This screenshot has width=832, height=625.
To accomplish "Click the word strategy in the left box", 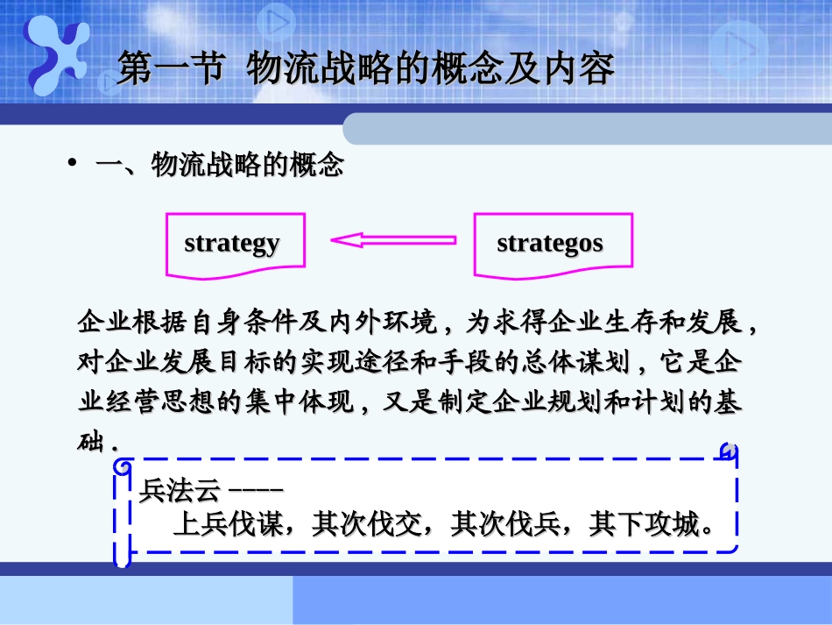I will pos(232,243).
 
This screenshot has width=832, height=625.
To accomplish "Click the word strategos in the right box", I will pos(550,243).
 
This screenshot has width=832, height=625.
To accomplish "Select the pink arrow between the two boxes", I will pos(393,239).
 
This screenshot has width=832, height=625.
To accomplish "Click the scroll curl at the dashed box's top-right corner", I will pos(727,451).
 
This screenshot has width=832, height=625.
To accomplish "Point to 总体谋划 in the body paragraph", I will pos(596,363).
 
